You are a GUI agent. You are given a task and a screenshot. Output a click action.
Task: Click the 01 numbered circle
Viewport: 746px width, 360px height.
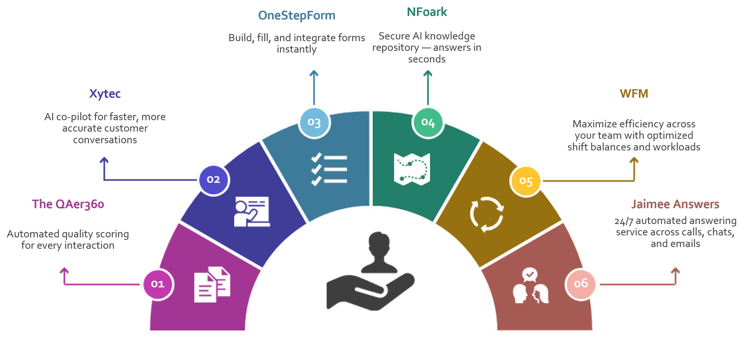(x=158, y=284)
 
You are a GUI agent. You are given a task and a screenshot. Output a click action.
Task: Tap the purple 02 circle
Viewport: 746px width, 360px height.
(x=213, y=180)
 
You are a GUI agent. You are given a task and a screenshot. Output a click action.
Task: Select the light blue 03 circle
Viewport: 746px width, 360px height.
(x=314, y=122)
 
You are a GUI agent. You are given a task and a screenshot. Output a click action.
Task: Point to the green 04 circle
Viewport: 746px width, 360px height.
(x=428, y=122)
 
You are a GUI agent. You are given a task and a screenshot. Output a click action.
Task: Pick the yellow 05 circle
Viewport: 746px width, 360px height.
(x=526, y=181)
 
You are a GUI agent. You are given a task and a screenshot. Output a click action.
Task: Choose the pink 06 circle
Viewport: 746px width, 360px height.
(x=581, y=284)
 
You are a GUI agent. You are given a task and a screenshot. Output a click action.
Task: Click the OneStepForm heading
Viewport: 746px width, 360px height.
(x=297, y=16)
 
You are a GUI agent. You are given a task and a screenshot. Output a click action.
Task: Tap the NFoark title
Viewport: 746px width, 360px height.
(x=427, y=12)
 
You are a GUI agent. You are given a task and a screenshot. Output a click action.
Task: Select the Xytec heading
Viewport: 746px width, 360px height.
(x=105, y=94)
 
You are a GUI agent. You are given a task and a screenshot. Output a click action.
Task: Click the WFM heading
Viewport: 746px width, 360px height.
(x=634, y=94)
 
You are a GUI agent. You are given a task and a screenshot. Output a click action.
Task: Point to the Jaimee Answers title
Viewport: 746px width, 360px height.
(x=675, y=204)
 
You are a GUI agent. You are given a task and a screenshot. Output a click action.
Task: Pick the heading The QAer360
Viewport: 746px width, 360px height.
(x=68, y=204)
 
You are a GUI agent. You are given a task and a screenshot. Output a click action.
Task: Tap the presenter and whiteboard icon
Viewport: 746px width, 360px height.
(x=252, y=211)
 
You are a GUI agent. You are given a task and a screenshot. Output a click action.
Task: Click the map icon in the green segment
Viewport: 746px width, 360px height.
(x=412, y=169)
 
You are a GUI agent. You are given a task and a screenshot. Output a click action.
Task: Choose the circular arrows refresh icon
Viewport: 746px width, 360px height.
(x=487, y=214)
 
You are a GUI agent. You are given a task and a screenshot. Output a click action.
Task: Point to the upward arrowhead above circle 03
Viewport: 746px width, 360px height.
(x=313, y=73)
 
